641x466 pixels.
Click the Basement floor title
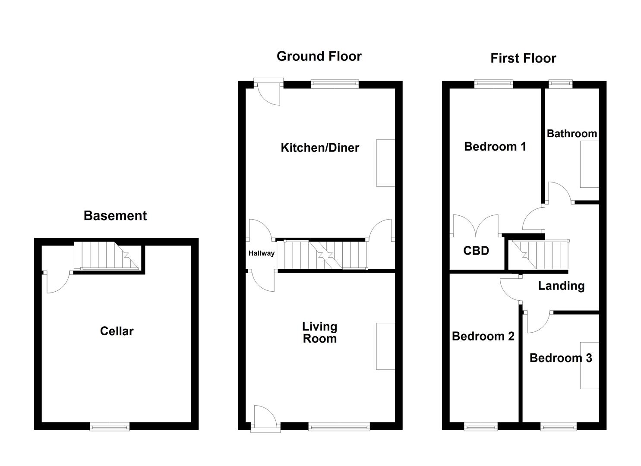point(115,216)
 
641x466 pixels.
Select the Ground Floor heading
point(319,56)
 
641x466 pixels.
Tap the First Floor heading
point(523,58)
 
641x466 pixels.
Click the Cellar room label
point(117,331)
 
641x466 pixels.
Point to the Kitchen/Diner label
point(320,148)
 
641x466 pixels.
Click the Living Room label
point(319,333)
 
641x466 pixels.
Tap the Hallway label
point(261,253)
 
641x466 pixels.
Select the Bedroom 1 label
point(495,147)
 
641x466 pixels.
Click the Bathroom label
point(572,134)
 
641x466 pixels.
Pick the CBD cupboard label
point(476,251)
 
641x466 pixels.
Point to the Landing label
point(561,286)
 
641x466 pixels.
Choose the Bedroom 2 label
point(483,336)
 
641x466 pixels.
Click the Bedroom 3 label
point(561,358)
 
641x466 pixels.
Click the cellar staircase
point(106,255)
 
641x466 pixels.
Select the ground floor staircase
point(322,255)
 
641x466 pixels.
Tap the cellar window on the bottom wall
point(110,426)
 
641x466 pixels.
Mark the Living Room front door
point(265,418)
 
